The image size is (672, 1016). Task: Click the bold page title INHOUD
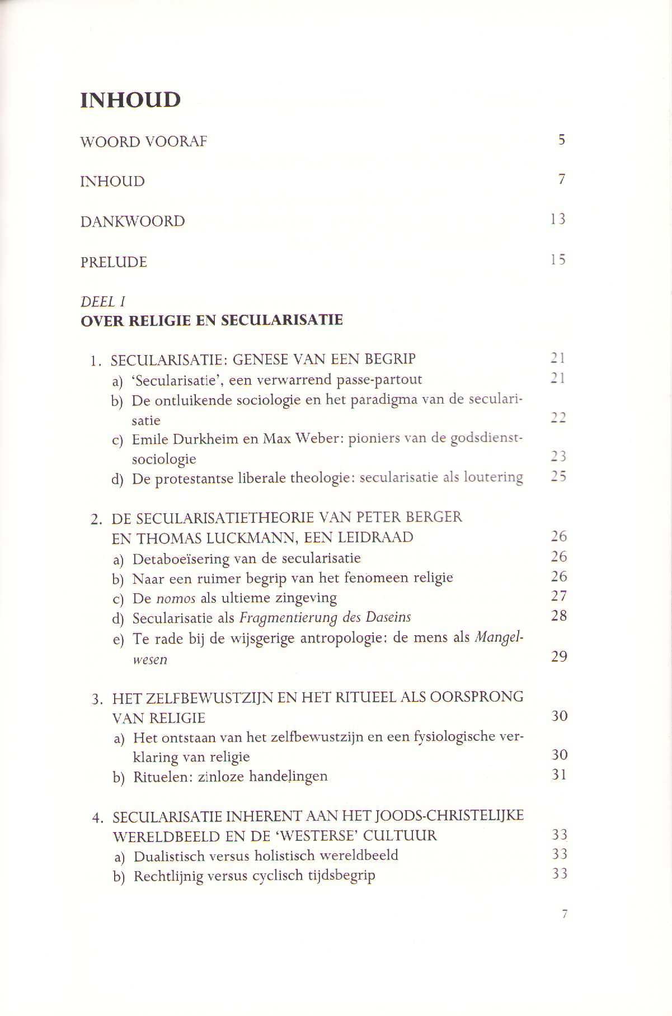pyautogui.click(x=130, y=100)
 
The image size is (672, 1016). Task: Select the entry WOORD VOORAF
pyautogui.click(x=143, y=142)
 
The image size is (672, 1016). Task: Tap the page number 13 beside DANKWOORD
pyautogui.click(x=558, y=219)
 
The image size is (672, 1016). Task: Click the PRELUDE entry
pyautogui.click(x=114, y=262)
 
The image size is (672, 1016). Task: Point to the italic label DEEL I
pyautogui.click(x=103, y=301)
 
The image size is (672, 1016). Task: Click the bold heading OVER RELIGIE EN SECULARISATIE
pyautogui.click(x=212, y=321)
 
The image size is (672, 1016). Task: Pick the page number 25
pyautogui.click(x=558, y=476)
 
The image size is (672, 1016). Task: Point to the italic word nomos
pyautogui.click(x=176, y=598)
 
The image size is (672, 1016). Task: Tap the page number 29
pyautogui.click(x=559, y=656)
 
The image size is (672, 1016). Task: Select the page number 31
pyautogui.click(x=559, y=775)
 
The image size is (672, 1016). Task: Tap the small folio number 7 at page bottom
pyautogui.click(x=564, y=914)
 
